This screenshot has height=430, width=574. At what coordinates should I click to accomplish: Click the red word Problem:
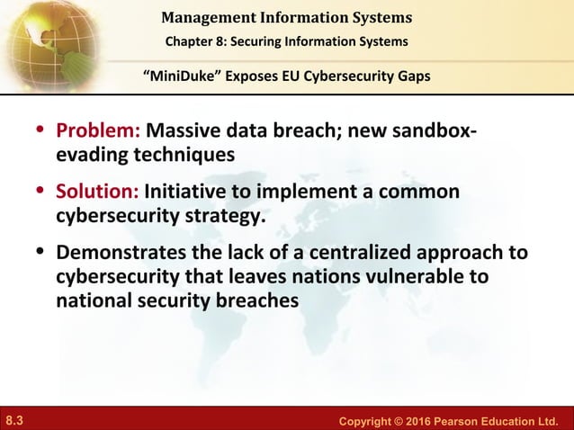click(x=98, y=132)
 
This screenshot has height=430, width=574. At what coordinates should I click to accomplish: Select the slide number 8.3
click(x=15, y=418)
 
